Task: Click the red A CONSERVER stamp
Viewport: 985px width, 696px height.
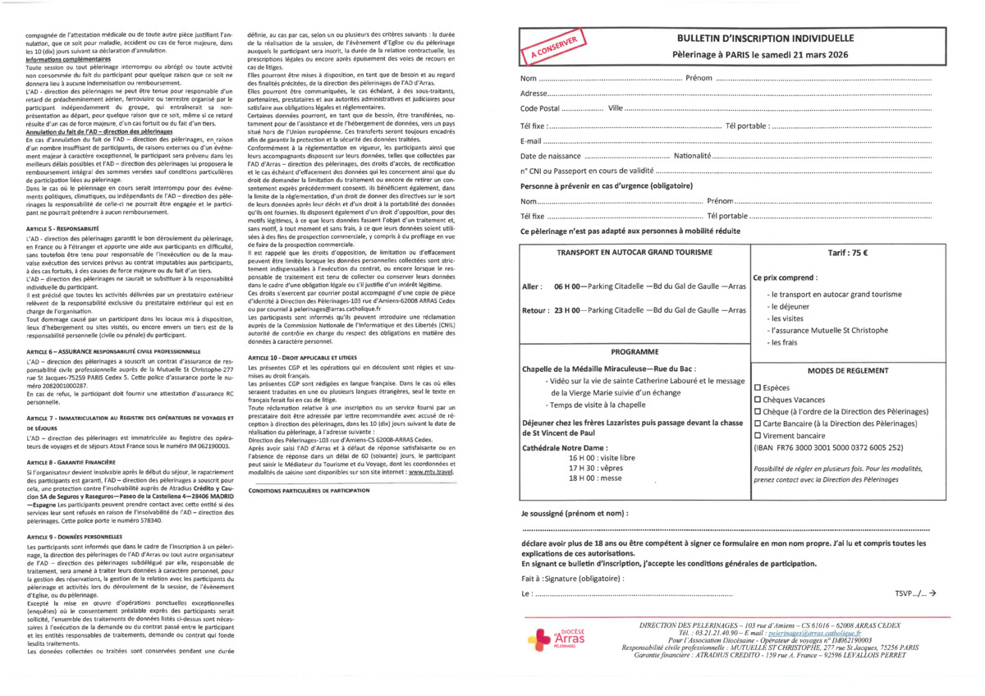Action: click(554, 48)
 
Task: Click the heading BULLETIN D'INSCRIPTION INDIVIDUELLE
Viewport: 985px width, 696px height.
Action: click(765, 39)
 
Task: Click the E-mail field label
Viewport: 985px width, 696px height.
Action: click(533, 141)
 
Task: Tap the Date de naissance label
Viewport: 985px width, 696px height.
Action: click(551, 156)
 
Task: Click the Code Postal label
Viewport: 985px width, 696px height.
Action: click(540, 109)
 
